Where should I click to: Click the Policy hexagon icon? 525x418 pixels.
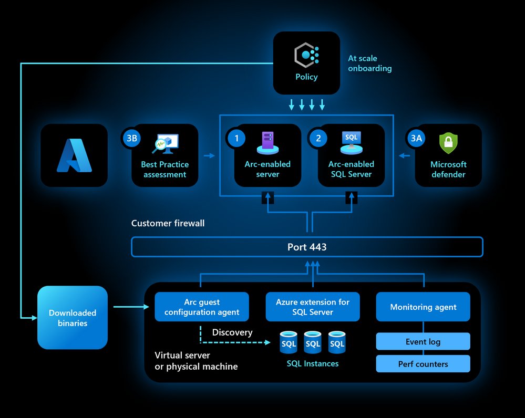click(x=306, y=55)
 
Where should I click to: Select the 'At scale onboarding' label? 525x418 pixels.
click(x=369, y=64)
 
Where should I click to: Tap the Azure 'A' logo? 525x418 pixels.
click(x=74, y=156)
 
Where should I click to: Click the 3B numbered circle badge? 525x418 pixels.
click(x=131, y=139)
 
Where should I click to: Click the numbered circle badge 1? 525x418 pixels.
click(x=236, y=139)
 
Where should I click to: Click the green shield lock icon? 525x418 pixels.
click(x=448, y=143)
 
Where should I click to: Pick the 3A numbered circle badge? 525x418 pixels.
click(x=417, y=139)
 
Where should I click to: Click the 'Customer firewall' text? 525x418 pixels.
click(x=168, y=223)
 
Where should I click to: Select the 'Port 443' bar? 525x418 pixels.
click(x=307, y=247)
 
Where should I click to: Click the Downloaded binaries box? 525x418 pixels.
click(x=73, y=318)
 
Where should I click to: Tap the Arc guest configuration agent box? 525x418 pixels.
click(x=202, y=307)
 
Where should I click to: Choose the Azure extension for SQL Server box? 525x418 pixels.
click(x=313, y=307)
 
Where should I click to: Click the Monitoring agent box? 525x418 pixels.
click(x=423, y=307)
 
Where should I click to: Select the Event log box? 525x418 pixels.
click(x=423, y=342)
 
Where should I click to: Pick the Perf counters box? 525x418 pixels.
click(x=423, y=364)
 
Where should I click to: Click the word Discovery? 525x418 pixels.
click(x=232, y=332)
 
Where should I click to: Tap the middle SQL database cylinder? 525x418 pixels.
click(x=313, y=342)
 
